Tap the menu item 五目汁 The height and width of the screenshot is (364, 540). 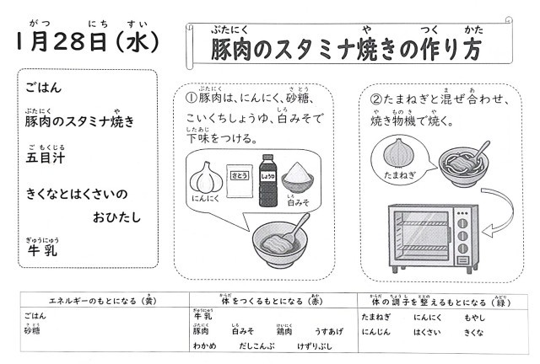(45, 158)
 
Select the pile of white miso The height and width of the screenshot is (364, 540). (300, 179)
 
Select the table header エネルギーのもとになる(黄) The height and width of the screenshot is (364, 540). (101, 300)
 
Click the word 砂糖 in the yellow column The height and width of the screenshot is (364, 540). (32, 331)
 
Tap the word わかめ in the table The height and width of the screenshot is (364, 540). (205, 345)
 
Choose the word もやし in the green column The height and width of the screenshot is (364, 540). (475, 317)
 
